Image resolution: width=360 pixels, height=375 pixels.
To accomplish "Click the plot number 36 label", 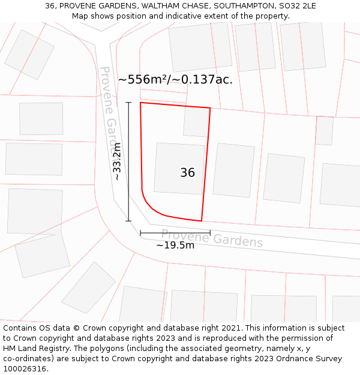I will [187, 173].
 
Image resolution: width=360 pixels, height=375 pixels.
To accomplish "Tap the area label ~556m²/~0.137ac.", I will [175, 79].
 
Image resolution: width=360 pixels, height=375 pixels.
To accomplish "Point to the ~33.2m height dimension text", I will [118, 161].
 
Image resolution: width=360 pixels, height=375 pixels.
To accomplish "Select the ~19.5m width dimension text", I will [175, 245].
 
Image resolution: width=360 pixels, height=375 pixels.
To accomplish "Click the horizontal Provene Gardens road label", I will [212, 238].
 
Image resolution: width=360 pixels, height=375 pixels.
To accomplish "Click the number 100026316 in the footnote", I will [25, 369].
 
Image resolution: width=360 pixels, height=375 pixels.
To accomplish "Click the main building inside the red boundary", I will [179, 168].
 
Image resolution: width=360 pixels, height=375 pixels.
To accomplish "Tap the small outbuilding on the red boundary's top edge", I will [196, 121].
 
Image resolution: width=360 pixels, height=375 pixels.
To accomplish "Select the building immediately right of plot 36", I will [234, 170].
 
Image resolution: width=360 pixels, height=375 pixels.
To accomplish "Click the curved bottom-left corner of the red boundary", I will [150, 207].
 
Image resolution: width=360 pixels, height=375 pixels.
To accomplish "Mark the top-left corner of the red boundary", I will [140, 103].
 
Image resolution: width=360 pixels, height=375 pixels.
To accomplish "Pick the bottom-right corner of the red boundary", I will [202, 221].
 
